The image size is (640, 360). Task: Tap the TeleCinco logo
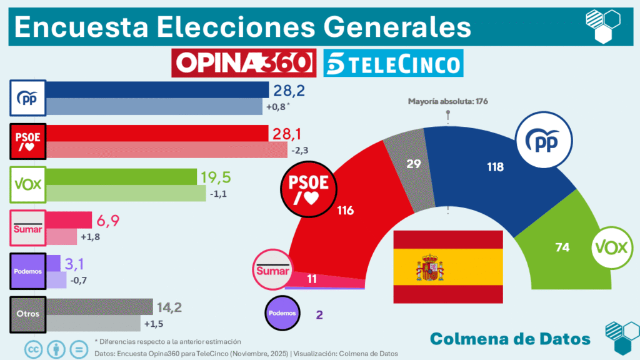click(x=393, y=63)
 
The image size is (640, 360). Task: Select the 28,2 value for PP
click(x=286, y=91)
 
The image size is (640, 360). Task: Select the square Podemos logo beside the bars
click(x=28, y=271)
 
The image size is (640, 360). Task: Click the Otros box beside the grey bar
click(x=28, y=314)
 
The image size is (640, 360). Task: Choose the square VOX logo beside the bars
click(x=28, y=185)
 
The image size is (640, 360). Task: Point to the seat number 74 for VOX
click(x=562, y=247)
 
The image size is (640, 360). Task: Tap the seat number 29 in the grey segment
click(x=412, y=163)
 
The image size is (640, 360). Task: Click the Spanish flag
click(x=447, y=267)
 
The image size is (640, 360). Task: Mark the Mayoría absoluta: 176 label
click(x=447, y=101)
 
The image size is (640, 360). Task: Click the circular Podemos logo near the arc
click(x=282, y=312)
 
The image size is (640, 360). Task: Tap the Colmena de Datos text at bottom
click(x=510, y=339)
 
